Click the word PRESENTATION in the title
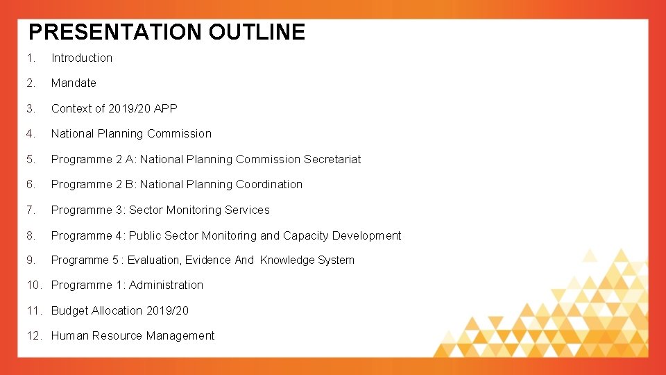[x=114, y=32]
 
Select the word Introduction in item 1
[x=82, y=58]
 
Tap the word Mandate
[x=74, y=83]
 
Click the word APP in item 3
[x=166, y=108]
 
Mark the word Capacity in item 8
[x=306, y=235]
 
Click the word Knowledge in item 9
[x=286, y=260]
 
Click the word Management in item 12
[x=182, y=336]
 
